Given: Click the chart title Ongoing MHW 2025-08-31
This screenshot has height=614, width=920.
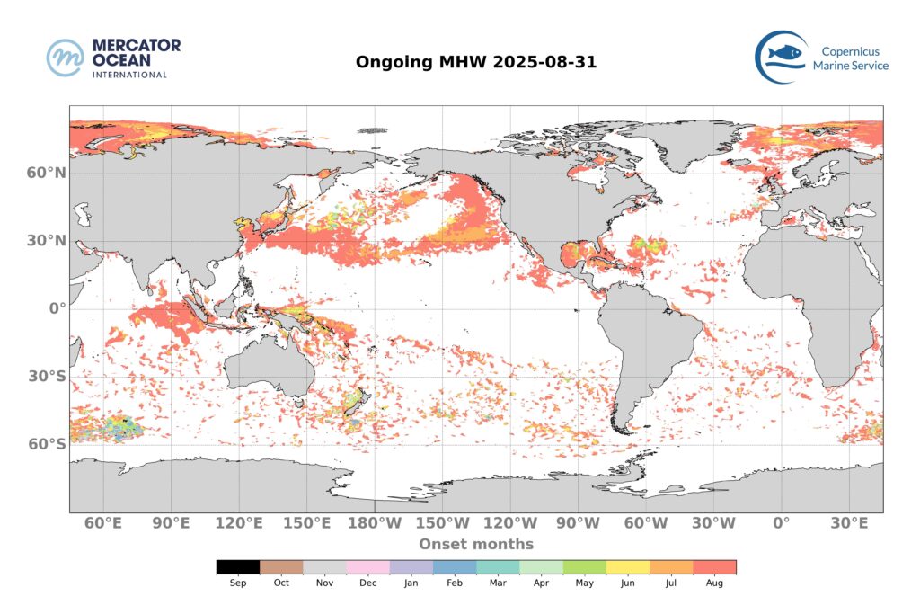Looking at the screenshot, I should point(475,62).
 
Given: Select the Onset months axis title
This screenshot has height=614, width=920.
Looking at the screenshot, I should point(475,544).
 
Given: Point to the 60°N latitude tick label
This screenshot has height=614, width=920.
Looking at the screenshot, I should point(46,173).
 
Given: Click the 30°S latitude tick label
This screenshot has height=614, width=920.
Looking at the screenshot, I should point(46,377).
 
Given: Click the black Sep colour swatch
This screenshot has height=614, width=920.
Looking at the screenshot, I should point(238,567).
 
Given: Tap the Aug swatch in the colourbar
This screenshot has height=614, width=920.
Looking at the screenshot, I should point(714,567).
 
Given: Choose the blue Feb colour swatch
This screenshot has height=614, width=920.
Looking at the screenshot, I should point(455,567).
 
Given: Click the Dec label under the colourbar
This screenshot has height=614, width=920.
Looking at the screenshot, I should point(367,583).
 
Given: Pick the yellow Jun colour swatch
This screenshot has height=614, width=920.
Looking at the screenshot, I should point(628,567).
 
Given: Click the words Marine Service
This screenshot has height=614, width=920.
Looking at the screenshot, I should point(850,66).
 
